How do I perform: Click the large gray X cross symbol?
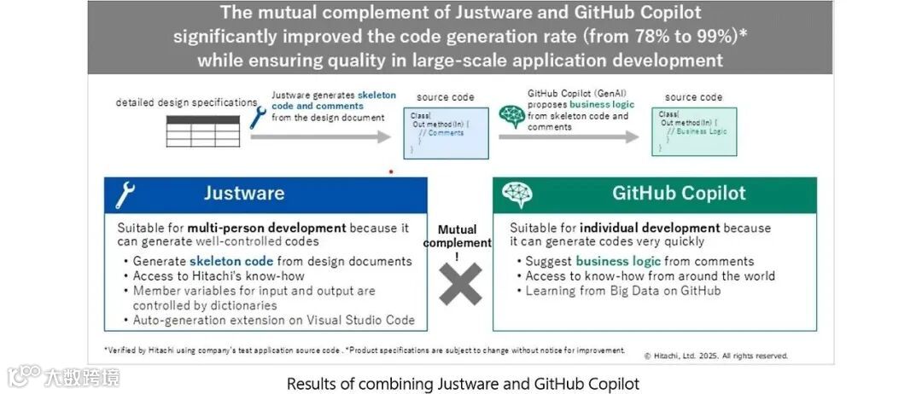(460, 284)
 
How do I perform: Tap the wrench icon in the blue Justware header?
(125, 195)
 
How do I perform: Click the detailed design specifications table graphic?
(202, 130)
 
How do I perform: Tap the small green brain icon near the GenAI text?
(511, 117)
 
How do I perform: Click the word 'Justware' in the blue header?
(244, 194)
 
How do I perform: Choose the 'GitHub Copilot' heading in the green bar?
(679, 194)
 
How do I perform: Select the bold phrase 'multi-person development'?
(267, 228)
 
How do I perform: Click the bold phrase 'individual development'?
(650, 228)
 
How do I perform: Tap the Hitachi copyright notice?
(715, 356)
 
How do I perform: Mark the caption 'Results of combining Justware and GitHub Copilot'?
(463, 384)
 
